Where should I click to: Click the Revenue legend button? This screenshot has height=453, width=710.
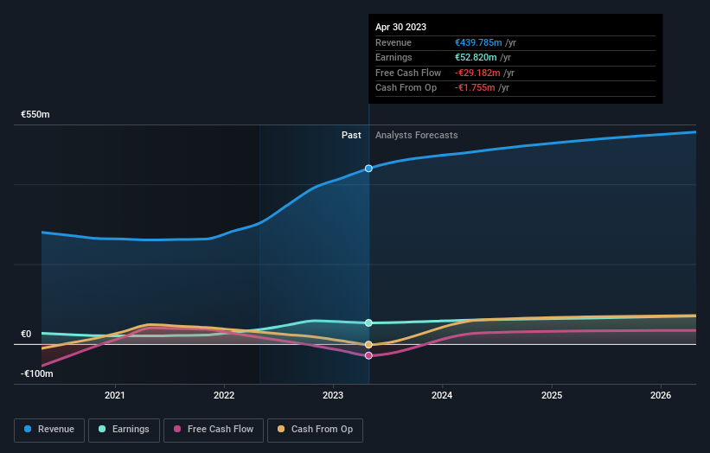(x=49, y=429)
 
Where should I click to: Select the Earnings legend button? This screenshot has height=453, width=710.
(x=124, y=429)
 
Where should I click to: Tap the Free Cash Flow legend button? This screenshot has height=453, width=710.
(x=214, y=429)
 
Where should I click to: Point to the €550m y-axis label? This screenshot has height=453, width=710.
(x=35, y=114)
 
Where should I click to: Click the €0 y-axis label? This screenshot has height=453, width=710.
(x=26, y=334)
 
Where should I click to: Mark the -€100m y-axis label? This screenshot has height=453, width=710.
(x=37, y=373)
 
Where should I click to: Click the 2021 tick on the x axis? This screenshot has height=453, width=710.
(x=115, y=395)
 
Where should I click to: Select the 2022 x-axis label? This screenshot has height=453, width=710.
(x=224, y=395)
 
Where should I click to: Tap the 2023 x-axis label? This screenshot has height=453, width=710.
(x=333, y=395)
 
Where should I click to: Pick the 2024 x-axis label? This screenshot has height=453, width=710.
(x=442, y=395)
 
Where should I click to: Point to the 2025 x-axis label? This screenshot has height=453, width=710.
(x=552, y=395)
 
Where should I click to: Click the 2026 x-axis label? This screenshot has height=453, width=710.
(x=661, y=395)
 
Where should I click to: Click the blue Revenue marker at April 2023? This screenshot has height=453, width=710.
(x=368, y=168)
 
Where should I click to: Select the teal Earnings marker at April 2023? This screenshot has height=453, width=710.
(x=368, y=322)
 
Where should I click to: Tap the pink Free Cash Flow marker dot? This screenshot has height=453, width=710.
(x=368, y=355)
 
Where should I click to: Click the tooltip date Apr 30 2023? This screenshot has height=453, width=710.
(x=400, y=27)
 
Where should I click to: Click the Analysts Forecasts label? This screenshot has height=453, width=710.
(x=416, y=135)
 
